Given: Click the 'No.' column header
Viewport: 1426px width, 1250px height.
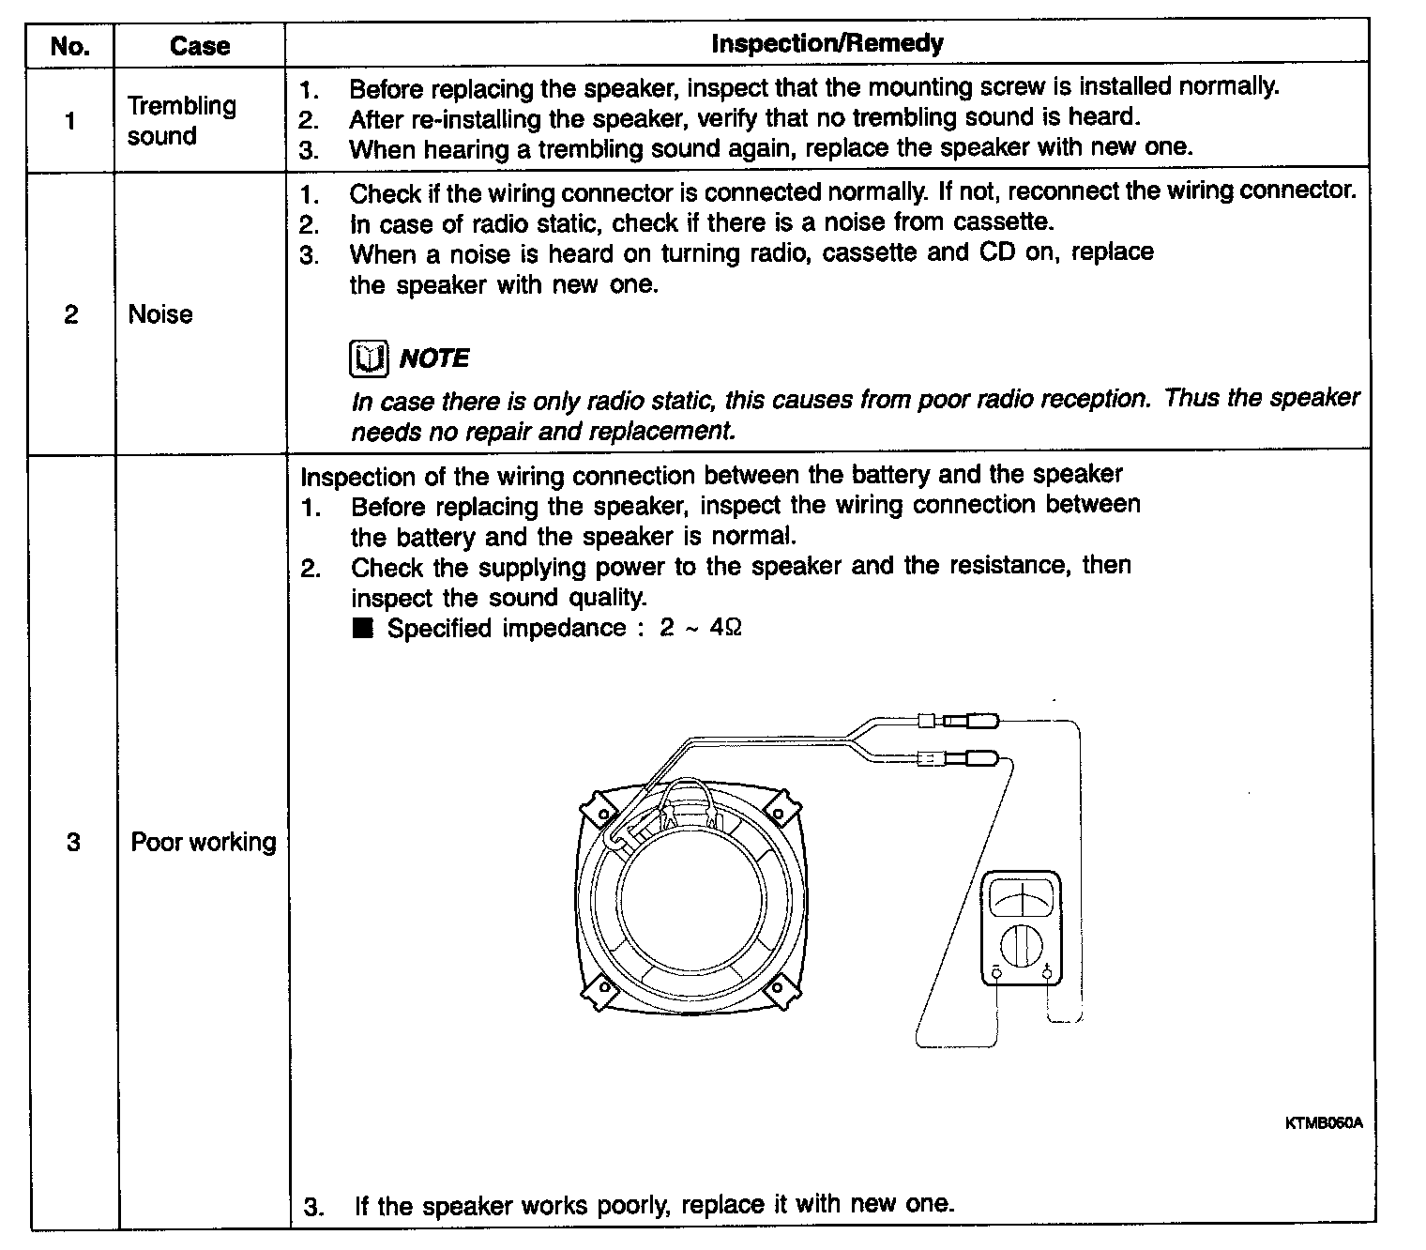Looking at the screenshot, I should coord(69,46).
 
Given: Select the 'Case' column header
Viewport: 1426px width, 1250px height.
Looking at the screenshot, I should coord(199,46).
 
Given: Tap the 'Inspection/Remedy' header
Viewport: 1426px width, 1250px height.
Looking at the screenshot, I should coord(827,43).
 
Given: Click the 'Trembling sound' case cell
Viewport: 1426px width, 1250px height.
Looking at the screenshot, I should coord(181,120).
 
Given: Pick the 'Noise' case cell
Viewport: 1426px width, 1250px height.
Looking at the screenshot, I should coord(160,314).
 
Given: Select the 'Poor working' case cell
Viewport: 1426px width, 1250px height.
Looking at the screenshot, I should coord(204,842).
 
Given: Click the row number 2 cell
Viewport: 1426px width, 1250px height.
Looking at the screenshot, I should coord(71,314).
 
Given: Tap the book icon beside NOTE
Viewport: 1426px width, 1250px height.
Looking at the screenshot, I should coord(369,358).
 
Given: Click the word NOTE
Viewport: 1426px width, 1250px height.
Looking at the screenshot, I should coord(434,358).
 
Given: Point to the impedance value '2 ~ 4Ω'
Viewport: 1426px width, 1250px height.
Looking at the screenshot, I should coord(700,628).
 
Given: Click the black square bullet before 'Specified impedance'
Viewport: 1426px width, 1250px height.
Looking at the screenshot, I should coord(363,629).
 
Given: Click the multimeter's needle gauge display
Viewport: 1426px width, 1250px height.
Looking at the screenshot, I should coord(1021,900).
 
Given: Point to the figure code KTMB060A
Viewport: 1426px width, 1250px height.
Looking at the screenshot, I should coord(1323,1122).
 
